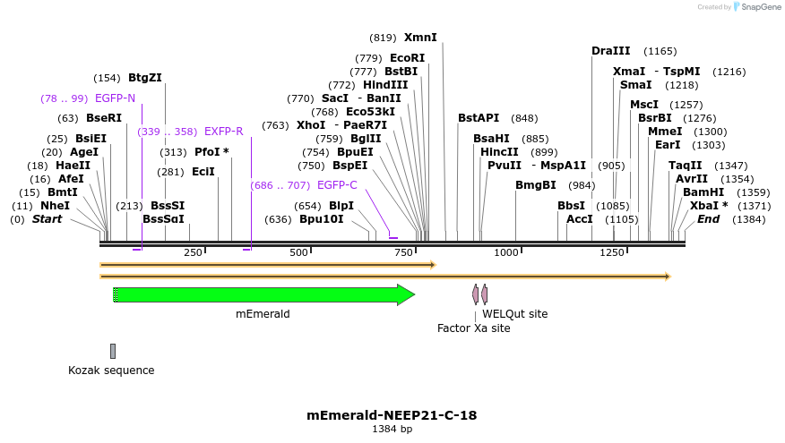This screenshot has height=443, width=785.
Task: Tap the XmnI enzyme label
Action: (x=420, y=38)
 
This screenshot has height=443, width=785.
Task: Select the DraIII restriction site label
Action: (x=611, y=51)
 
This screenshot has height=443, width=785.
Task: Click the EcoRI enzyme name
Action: (x=407, y=58)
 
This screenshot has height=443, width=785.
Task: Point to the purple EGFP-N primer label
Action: (x=115, y=98)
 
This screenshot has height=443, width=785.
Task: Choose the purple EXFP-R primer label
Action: (x=223, y=132)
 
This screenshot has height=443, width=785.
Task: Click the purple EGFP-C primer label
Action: (x=337, y=185)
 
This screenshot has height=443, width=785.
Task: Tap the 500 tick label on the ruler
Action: (x=299, y=253)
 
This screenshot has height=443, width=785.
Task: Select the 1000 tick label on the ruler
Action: (x=506, y=253)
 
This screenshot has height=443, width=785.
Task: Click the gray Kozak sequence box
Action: (x=113, y=351)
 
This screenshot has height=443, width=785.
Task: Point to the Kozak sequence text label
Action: (x=111, y=371)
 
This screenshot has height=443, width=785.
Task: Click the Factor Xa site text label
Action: (x=473, y=328)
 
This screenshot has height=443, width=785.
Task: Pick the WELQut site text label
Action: (x=514, y=314)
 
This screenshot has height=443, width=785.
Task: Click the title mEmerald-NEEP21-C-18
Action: (x=392, y=415)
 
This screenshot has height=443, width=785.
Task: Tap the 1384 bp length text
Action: (x=392, y=430)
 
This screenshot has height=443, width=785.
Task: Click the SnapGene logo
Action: (x=757, y=7)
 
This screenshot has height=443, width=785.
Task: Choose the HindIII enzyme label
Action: (x=385, y=85)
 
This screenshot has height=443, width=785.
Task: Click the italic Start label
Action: (x=47, y=219)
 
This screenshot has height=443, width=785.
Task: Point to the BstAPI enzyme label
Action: (x=479, y=118)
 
